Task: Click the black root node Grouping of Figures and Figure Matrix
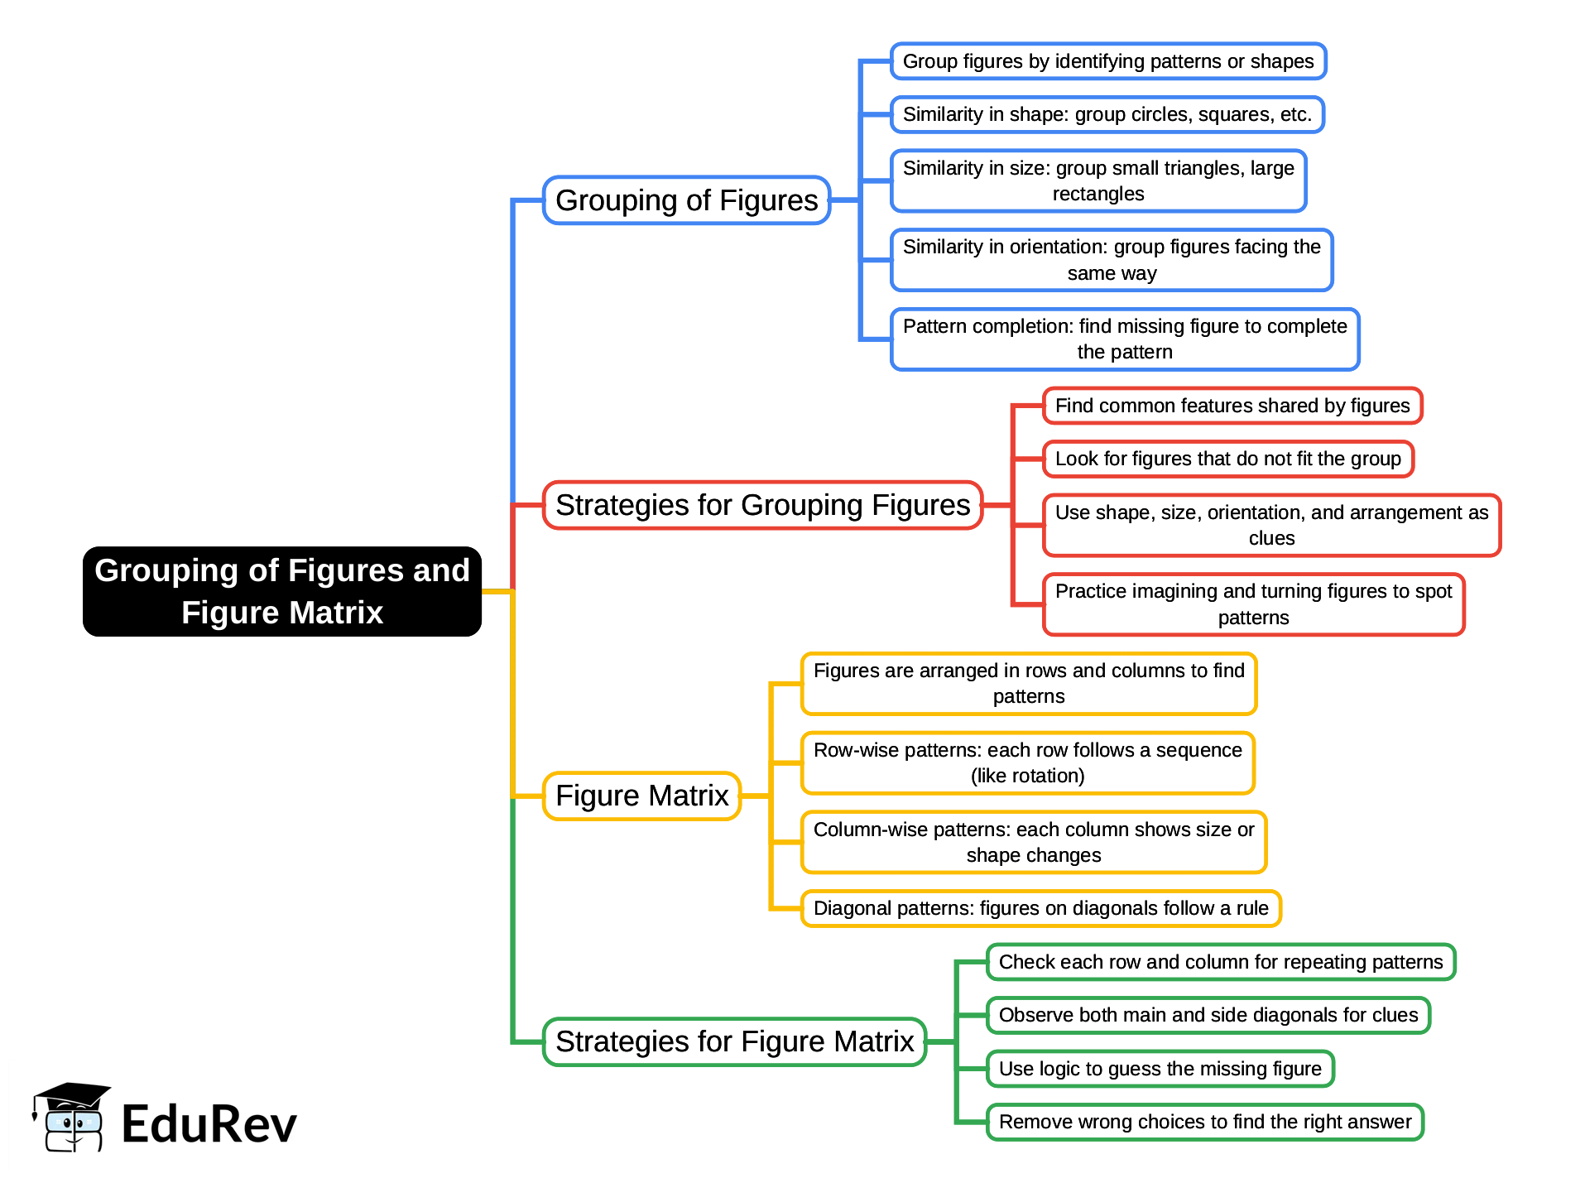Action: [281, 591]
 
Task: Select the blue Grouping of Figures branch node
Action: [686, 200]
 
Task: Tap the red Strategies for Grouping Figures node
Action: [762, 505]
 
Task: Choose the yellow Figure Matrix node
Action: [641, 796]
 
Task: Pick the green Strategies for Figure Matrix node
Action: [734, 1041]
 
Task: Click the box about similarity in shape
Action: [1107, 114]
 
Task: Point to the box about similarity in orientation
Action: [1111, 260]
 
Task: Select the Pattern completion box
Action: [1124, 339]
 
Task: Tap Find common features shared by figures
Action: [1232, 406]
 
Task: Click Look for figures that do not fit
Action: [1227, 459]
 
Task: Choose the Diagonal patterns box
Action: [1040, 908]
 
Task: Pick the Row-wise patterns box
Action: [1027, 762]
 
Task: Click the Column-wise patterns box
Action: [1033, 842]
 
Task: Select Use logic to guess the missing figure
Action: [1160, 1069]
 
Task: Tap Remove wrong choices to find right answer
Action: [1204, 1122]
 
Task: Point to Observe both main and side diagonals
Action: [1208, 1015]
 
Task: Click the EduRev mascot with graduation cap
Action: [71, 1118]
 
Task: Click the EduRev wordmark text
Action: [209, 1124]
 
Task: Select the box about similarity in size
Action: [1097, 180]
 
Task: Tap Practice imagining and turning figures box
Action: [1253, 604]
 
